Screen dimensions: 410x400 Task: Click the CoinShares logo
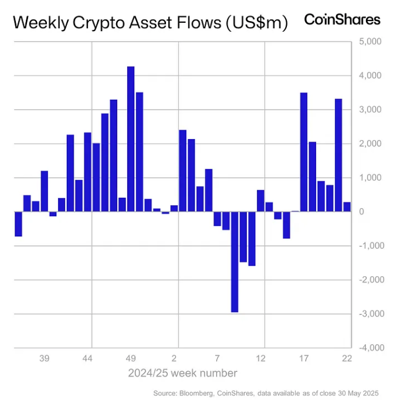(x=342, y=19)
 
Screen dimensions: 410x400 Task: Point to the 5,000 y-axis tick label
(x=369, y=42)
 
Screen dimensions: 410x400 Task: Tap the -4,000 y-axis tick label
(x=368, y=347)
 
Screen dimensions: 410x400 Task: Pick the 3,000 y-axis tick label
(x=369, y=110)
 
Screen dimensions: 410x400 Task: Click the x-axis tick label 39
(x=44, y=358)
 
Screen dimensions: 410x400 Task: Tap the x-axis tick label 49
(x=131, y=358)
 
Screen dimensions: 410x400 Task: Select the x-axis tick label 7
(x=217, y=358)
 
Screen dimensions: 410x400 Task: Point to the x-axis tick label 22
(x=347, y=358)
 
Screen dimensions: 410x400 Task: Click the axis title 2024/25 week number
(x=183, y=373)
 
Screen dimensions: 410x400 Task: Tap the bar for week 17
(x=304, y=152)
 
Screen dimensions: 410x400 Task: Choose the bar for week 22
(x=347, y=206)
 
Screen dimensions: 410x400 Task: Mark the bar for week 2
(x=182, y=171)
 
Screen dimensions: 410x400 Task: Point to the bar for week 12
(x=260, y=201)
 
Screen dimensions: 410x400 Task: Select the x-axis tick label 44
(x=87, y=358)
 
